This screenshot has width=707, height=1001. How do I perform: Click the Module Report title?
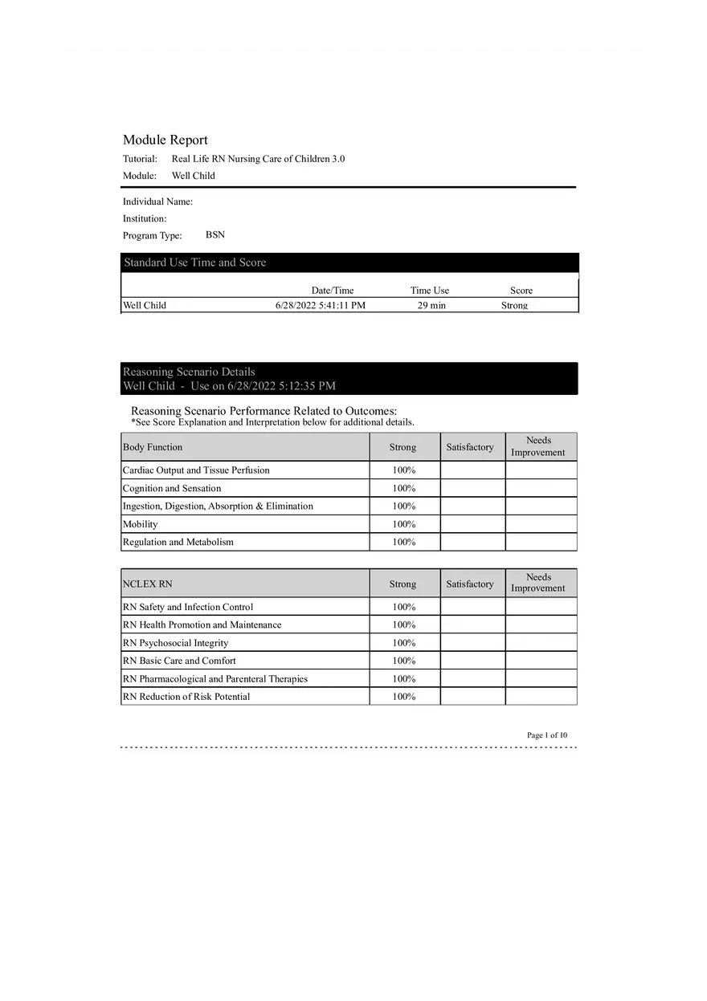(165, 140)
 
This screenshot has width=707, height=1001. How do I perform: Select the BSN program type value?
(215, 235)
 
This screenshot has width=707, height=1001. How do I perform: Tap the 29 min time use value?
(431, 305)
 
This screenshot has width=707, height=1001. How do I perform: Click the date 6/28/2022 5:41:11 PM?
(320, 305)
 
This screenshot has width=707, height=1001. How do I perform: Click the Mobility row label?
(141, 524)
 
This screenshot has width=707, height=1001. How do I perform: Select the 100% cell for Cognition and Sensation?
(404, 488)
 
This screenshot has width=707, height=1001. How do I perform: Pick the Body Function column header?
(153, 447)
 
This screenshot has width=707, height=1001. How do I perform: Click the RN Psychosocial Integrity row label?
(176, 643)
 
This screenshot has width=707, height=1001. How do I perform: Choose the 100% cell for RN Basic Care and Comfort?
(404, 661)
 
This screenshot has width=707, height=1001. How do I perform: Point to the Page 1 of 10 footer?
(547, 734)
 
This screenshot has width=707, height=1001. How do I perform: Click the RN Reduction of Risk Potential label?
(186, 697)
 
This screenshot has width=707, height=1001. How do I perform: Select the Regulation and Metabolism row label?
(178, 542)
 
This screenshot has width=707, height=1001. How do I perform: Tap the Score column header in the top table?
(521, 291)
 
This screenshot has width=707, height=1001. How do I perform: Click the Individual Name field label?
(157, 201)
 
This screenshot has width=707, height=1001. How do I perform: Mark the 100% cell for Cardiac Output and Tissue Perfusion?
(404, 470)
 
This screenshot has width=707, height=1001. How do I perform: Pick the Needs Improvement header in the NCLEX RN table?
(538, 583)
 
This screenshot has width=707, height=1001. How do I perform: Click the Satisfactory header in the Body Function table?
(470, 447)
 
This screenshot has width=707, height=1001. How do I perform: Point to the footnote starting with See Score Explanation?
(272, 422)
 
